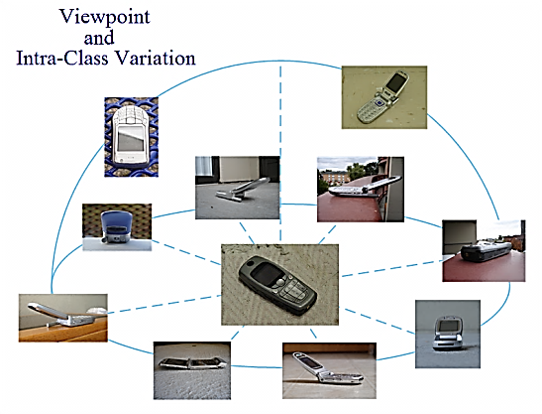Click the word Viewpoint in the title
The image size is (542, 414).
pos(105,17)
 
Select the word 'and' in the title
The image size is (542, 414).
pos(99,38)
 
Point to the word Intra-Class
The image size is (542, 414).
pos(62,58)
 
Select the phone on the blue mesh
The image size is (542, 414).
pos(131,135)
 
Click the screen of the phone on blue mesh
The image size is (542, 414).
pos(131,138)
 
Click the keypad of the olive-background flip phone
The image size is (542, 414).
pos(370,110)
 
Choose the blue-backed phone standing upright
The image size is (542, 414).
pos(117,227)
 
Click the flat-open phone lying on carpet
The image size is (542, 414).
pos(192,362)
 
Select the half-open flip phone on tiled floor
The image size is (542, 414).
pos(327,369)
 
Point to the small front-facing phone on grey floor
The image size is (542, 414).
pos(448,333)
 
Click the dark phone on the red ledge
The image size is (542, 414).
pos(487,251)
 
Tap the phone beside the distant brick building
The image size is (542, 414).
pos(365,187)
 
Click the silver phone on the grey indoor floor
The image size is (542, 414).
pos(243,191)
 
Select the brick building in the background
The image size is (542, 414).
pos(333,178)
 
